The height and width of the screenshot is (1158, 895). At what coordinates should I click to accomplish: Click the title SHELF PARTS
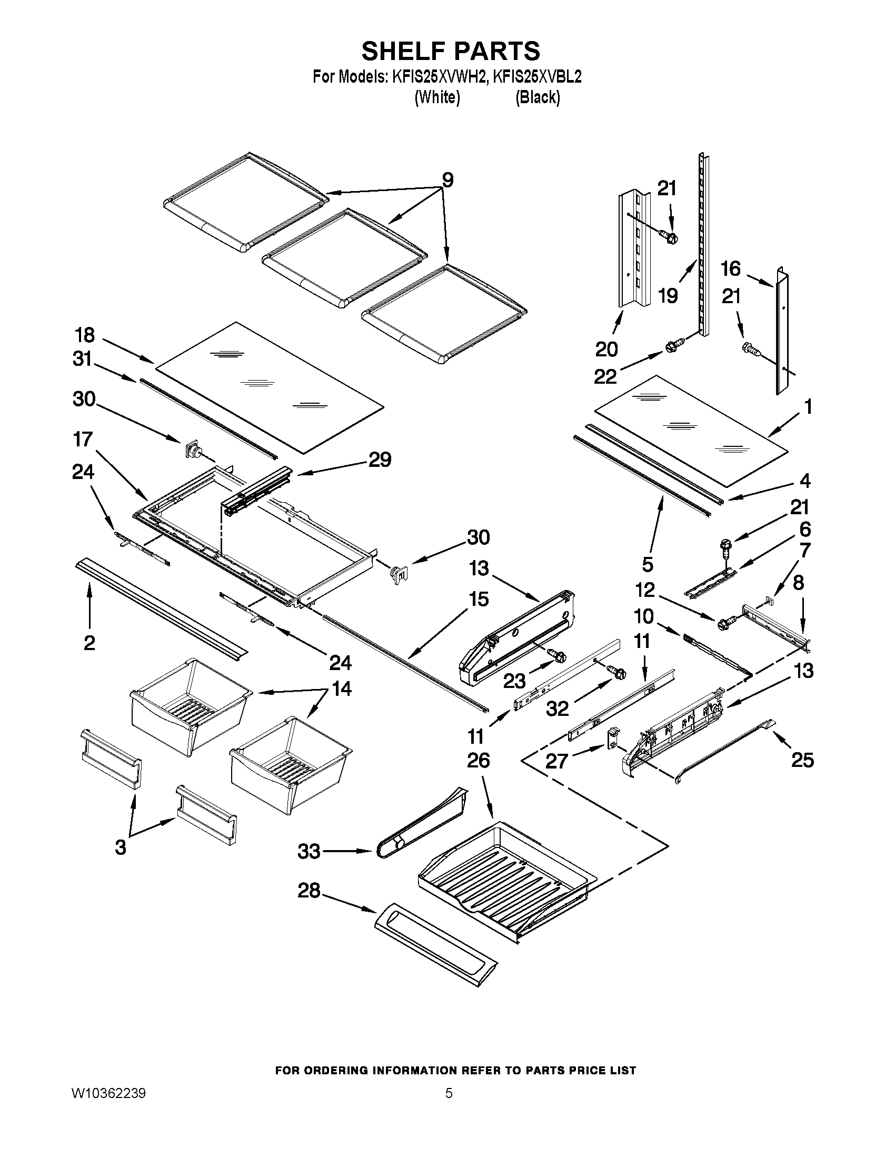click(x=451, y=51)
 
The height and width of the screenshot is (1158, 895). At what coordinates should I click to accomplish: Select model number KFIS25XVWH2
click(x=439, y=77)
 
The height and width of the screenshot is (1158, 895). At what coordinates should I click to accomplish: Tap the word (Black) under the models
click(x=537, y=97)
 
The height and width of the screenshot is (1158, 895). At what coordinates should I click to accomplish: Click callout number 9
click(x=447, y=180)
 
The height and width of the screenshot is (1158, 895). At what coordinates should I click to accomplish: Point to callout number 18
click(x=85, y=335)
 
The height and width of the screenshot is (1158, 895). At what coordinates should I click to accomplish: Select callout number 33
click(x=309, y=852)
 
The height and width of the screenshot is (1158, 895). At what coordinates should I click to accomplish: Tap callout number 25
click(x=802, y=761)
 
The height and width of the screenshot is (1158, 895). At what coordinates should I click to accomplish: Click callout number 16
click(x=731, y=269)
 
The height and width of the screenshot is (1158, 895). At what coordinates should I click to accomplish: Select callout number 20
click(x=606, y=350)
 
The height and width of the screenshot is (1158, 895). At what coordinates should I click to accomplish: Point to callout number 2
click(x=89, y=643)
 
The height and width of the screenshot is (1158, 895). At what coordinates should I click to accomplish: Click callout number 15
click(x=478, y=600)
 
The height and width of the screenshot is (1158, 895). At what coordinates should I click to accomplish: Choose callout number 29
click(x=380, y=459)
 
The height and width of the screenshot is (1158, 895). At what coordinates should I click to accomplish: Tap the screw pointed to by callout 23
click(x=557, y=656)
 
